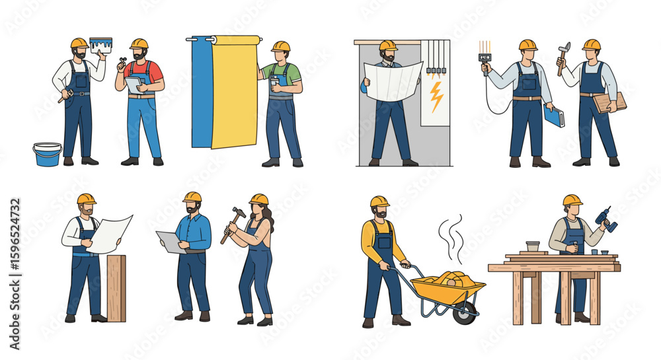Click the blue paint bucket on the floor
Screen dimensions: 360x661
point(47,155)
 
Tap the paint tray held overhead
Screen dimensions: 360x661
point(100,44)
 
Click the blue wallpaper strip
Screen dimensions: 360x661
point(202,92)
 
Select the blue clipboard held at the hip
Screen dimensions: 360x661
point(553,116)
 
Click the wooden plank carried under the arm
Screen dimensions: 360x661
point(609,102)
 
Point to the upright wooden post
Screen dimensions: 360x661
point(116,288)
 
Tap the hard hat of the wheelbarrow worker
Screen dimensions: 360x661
point(379,201)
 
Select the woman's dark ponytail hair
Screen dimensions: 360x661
point(269,218)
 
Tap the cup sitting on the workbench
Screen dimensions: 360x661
point(531,246)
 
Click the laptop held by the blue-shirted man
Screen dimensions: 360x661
point(170,242)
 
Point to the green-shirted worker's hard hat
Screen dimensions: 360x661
point(280,46)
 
